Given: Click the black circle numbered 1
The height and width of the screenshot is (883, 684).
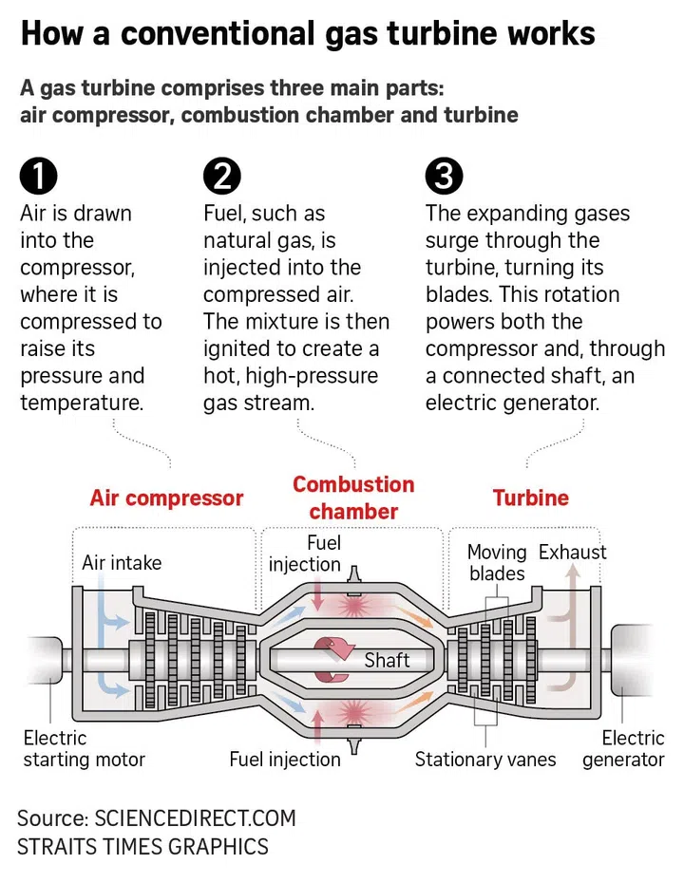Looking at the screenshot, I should [38, 177].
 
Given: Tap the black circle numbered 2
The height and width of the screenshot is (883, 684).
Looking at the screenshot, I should [222, 177].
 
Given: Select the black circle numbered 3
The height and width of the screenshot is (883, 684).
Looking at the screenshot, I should [444, 177].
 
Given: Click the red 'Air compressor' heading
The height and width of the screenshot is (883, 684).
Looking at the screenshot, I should [166, 498].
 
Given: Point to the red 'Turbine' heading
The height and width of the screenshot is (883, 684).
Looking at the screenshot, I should [530, 498].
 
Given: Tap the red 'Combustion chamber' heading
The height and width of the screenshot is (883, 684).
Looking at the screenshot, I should [353, 498].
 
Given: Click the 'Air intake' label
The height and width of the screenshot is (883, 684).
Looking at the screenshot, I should [122, 562].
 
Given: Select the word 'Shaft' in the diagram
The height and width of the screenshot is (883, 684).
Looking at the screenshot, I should [387, 660].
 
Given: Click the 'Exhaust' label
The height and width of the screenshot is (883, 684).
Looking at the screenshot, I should [572, 553].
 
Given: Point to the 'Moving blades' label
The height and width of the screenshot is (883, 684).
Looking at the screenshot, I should [497, 562].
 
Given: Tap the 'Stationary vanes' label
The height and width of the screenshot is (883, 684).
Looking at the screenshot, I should [485, 760].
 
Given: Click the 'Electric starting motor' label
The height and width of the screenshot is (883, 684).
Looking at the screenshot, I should [84, 748].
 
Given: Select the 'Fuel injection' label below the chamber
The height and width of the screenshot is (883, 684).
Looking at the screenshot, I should [285, 760].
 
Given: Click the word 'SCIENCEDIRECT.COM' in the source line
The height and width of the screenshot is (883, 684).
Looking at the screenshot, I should [195, 818].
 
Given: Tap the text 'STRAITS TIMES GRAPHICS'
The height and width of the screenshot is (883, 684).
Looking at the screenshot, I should [142, 847].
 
